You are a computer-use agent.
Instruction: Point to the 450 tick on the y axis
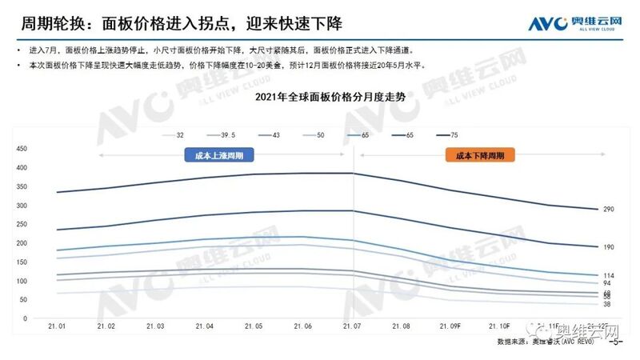(x=22, y=149)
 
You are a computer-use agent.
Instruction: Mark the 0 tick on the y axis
(x=26, y=318)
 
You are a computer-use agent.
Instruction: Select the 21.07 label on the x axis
(x=353, y=326)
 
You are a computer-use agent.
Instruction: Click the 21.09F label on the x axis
(x=454, y=326)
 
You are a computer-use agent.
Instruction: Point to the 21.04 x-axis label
(x=204, y=326)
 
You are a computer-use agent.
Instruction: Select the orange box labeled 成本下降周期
(x=480, y=157)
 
